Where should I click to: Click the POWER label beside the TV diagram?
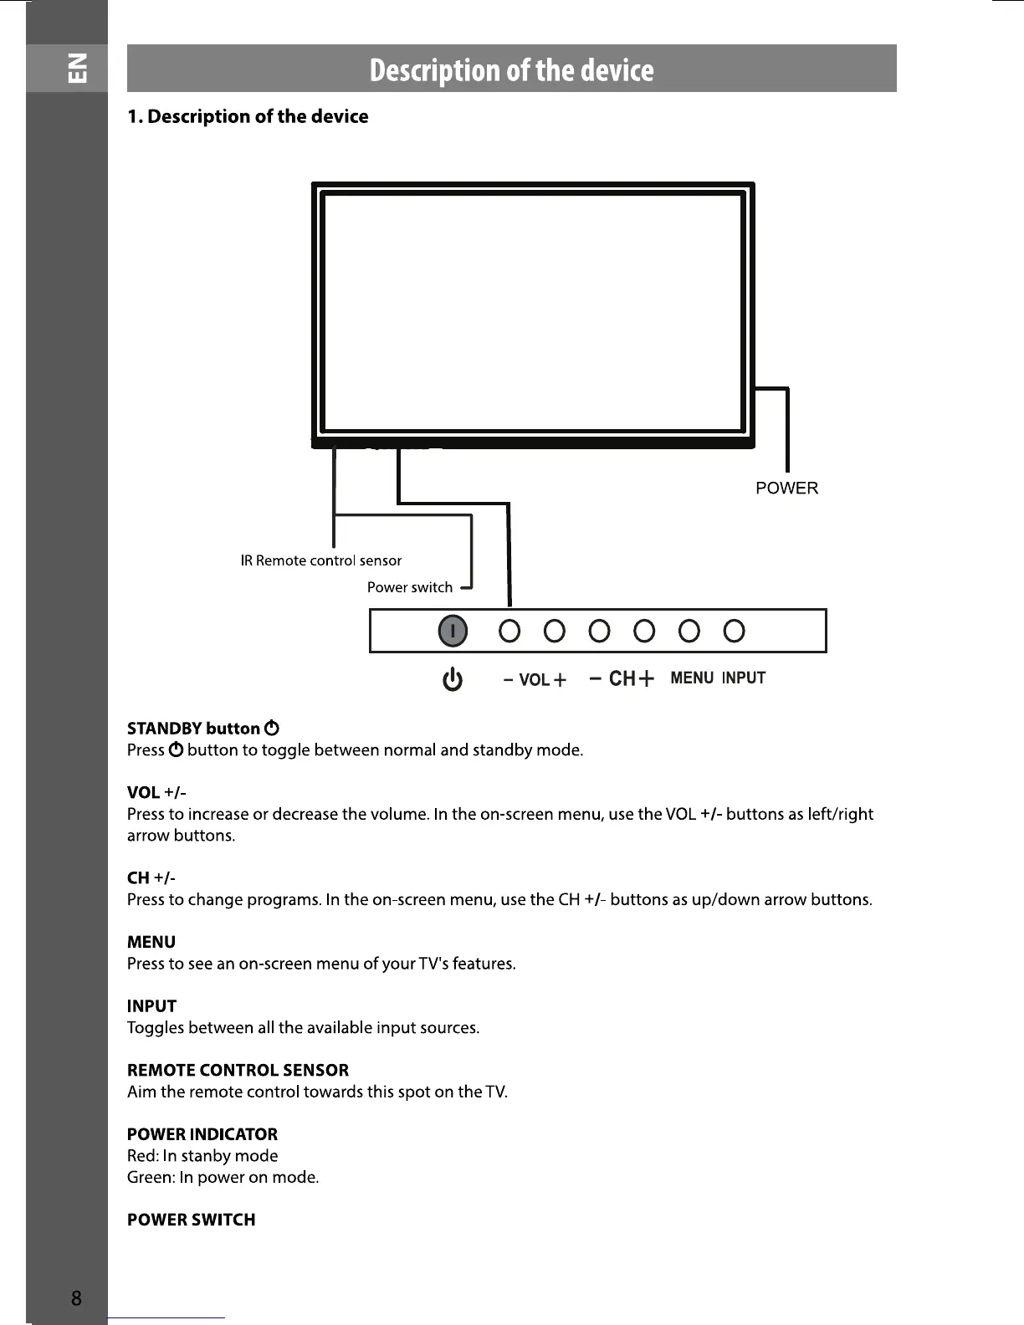tap(786, 489)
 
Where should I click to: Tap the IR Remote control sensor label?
tap(320, 560)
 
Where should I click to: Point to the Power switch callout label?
tap(410, 587)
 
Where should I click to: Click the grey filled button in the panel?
tap(453, 632)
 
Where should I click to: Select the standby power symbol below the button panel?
tap(453, 680)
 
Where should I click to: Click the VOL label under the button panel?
tap(535, 680)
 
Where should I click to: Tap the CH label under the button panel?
tap(622, 678)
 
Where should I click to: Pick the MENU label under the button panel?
tap(692, 678)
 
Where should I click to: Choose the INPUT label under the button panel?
tap(744, 678)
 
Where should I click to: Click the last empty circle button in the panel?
tap(734, 631)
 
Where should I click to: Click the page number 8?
tap(76, 1298)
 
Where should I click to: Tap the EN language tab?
tap(76, 68)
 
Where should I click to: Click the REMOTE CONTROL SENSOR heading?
tap(238, 1071)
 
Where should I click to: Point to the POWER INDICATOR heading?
tap(202, 1134)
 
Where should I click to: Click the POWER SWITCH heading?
tap(192, 1220)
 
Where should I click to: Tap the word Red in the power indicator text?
tap(141, 1156)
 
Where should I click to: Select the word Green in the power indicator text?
tap(150, 1178)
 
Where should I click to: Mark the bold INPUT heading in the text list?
tap(151, 1006)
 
